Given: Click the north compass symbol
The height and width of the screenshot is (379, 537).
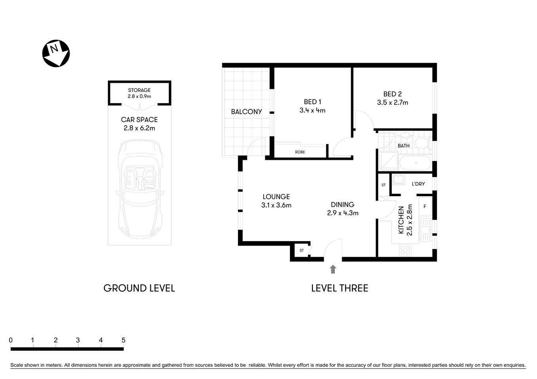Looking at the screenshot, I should pos(56,53).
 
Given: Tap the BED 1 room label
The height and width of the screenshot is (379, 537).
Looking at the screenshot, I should pos(312,102).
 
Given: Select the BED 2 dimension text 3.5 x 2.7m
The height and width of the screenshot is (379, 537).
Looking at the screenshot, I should pos(392,103).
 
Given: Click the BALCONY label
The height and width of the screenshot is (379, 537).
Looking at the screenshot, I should pos(246,112).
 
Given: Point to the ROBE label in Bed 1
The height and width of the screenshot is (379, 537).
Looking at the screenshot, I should pos(300,152).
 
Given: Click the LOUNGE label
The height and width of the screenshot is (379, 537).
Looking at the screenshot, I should pos(276,197).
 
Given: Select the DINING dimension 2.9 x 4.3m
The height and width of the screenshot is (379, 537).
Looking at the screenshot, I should pos(342,213).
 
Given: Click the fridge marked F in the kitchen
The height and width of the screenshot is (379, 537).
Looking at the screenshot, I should pos(425,206).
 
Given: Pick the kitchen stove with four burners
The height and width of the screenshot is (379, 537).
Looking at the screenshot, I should pos(405,250).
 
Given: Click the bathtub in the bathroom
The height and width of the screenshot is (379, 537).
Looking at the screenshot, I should pos(415,163).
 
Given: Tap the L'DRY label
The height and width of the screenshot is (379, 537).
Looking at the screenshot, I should pos(418,184).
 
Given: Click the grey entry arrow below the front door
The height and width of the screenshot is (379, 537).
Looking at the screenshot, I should pos(333,269).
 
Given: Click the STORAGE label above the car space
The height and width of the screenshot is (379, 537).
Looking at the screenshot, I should pos(139,90).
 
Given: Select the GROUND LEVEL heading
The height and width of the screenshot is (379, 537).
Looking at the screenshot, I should pos(139,288).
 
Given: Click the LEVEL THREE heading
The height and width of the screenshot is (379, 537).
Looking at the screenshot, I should pos(339,288).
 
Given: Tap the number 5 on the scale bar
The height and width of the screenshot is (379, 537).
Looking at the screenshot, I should pos(123,340).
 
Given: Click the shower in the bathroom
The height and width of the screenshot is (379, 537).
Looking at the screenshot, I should pos(388,160).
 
